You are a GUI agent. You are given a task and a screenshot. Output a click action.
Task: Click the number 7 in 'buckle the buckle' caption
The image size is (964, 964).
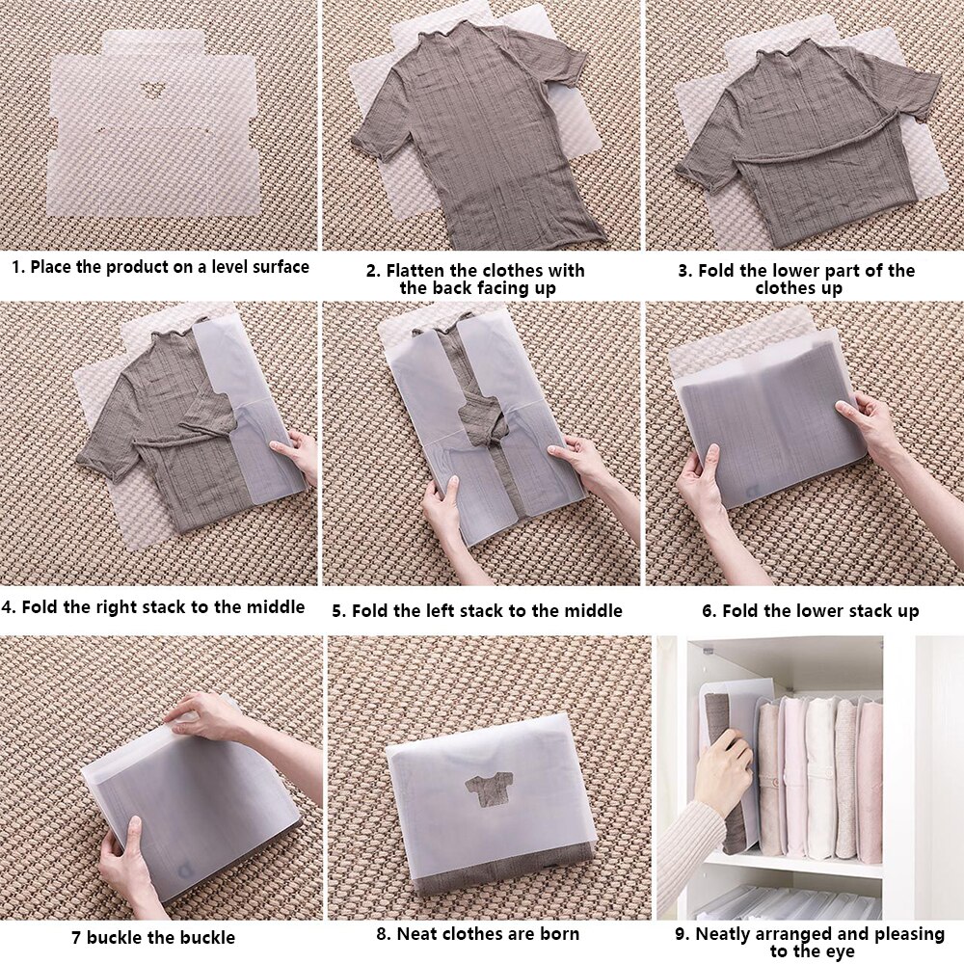pos(75,936)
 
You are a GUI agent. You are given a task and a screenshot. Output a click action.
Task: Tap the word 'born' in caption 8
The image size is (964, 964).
pos(558,933)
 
